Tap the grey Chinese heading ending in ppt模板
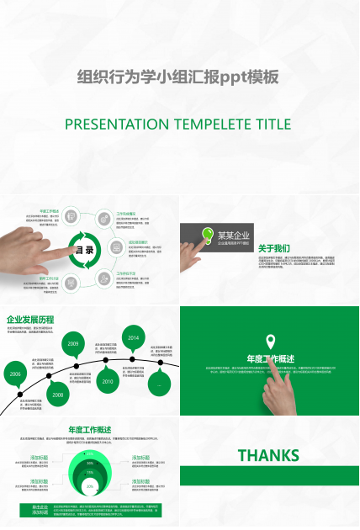[177, 77]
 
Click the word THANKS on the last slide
[268, 455]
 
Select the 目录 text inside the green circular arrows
[85, 250]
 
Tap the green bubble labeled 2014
[133, 338]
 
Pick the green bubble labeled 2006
[14, 374]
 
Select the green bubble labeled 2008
[56, 393]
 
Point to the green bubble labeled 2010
[108, 381]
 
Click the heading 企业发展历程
[30, 320]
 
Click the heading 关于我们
[274, 248]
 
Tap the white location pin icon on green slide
[270, 341]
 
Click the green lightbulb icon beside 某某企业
[206, 235]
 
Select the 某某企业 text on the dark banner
[234, 235]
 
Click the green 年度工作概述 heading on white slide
[90, 429]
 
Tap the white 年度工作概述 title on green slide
[269, 359]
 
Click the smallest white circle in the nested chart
[90, 485]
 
